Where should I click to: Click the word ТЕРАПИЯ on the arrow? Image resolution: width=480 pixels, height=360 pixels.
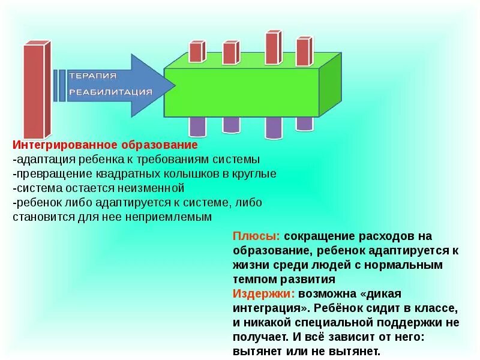coord(93,76)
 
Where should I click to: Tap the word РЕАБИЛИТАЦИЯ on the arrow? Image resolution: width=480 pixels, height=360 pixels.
coord(111,92)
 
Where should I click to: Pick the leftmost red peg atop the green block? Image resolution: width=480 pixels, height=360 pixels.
coord(196,52)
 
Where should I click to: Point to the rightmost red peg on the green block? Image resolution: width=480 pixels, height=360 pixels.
coord(304,51)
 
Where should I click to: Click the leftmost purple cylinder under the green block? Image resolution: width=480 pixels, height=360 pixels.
coord(197,126)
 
